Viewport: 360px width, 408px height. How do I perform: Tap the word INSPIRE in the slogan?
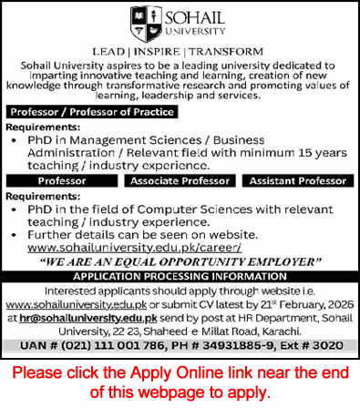(x=180, y=52)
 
